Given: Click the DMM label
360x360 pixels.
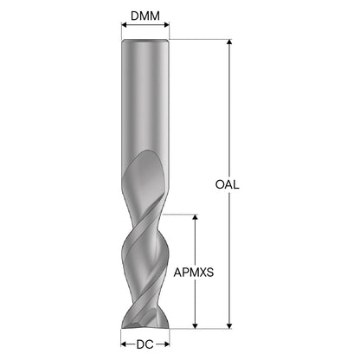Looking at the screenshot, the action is [145, 16].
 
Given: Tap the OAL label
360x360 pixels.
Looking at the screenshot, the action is [228, 184].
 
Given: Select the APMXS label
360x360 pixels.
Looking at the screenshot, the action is [194, 273].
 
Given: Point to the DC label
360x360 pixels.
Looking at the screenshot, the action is [145, 344].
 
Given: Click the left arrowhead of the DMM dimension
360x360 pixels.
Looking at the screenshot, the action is [124, 25].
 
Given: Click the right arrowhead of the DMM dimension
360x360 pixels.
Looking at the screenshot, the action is [166, 25].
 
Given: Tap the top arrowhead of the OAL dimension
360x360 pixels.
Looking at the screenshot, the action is [229, 42].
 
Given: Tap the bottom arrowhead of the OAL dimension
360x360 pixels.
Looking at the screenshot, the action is [229, 325].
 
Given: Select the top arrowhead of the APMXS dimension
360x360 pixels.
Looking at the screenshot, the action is [196, 217].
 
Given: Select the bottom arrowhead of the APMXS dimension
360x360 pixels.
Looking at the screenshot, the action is [196, 325].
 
